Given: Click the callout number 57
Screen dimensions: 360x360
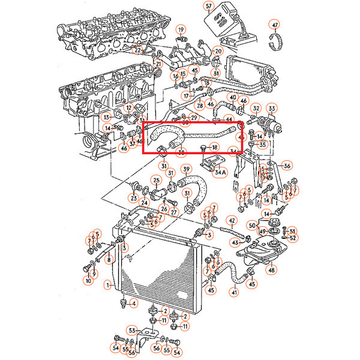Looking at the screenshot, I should coord(209,7).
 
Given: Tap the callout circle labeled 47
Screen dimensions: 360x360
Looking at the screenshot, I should coord(275,25).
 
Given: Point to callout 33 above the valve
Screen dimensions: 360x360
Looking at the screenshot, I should coord(272,108).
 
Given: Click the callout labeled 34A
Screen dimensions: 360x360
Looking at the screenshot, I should coord(220,172).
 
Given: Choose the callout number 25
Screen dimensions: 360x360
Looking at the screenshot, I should coord(156,180).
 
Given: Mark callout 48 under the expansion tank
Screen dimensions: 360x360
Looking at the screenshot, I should coord(272,270).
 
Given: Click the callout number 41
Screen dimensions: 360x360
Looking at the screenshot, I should coord(234,292).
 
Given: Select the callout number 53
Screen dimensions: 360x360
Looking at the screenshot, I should coord(132,330).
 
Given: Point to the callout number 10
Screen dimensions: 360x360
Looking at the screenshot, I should coord(88,280).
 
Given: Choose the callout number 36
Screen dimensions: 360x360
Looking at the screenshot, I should coord(287,166).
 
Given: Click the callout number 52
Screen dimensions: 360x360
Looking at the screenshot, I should coord(293,238).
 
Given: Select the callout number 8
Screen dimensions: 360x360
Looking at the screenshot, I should coord(109,260).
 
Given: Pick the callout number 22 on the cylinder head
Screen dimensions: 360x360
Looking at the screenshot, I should coord(137,50).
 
